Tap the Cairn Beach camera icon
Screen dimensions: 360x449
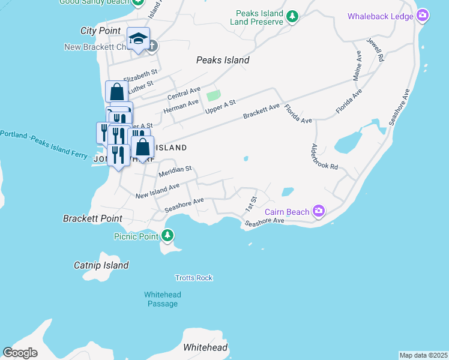tap(318, 211)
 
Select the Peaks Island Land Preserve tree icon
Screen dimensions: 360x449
tap(292, 16)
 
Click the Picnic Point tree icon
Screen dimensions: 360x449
tap(168, 236)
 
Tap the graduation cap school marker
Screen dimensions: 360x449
tap(138, 40)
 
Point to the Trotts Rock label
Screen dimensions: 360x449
tap(194, 278)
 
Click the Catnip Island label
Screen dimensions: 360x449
tap(101, 265)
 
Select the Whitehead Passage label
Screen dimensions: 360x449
tap(163, 299)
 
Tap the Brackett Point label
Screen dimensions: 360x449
tap(92, 219)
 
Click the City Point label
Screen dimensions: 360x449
tap(101, 31)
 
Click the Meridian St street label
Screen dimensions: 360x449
tap(175, 172)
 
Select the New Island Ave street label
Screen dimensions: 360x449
tap(157, 191)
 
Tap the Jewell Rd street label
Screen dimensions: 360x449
tap(376, 50)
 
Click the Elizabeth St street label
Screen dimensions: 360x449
tap(140, 75)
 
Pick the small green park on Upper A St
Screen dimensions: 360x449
tap(213, 95)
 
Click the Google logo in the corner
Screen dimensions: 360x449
tap(20, 353)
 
